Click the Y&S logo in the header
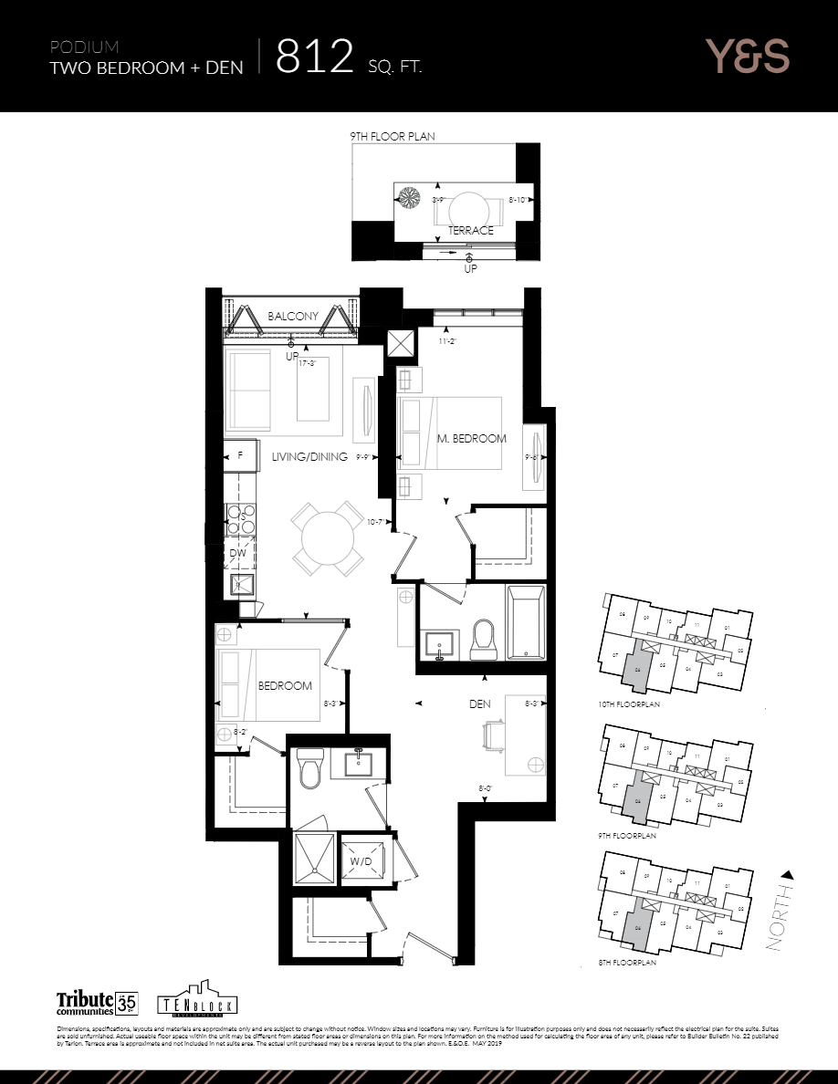pos(747,57)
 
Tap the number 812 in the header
pos(314,57)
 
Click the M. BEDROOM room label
pos(471,439)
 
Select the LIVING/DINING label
pos(309,457)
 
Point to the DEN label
pos(481,704)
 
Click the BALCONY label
pos(293,317)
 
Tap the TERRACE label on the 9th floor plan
pos(470,231)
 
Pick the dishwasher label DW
pos(237,554)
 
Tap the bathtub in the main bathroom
pos(525,624)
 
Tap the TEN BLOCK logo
pos(192,1000)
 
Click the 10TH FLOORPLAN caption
pos(629,705)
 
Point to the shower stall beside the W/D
pos(313,858)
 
